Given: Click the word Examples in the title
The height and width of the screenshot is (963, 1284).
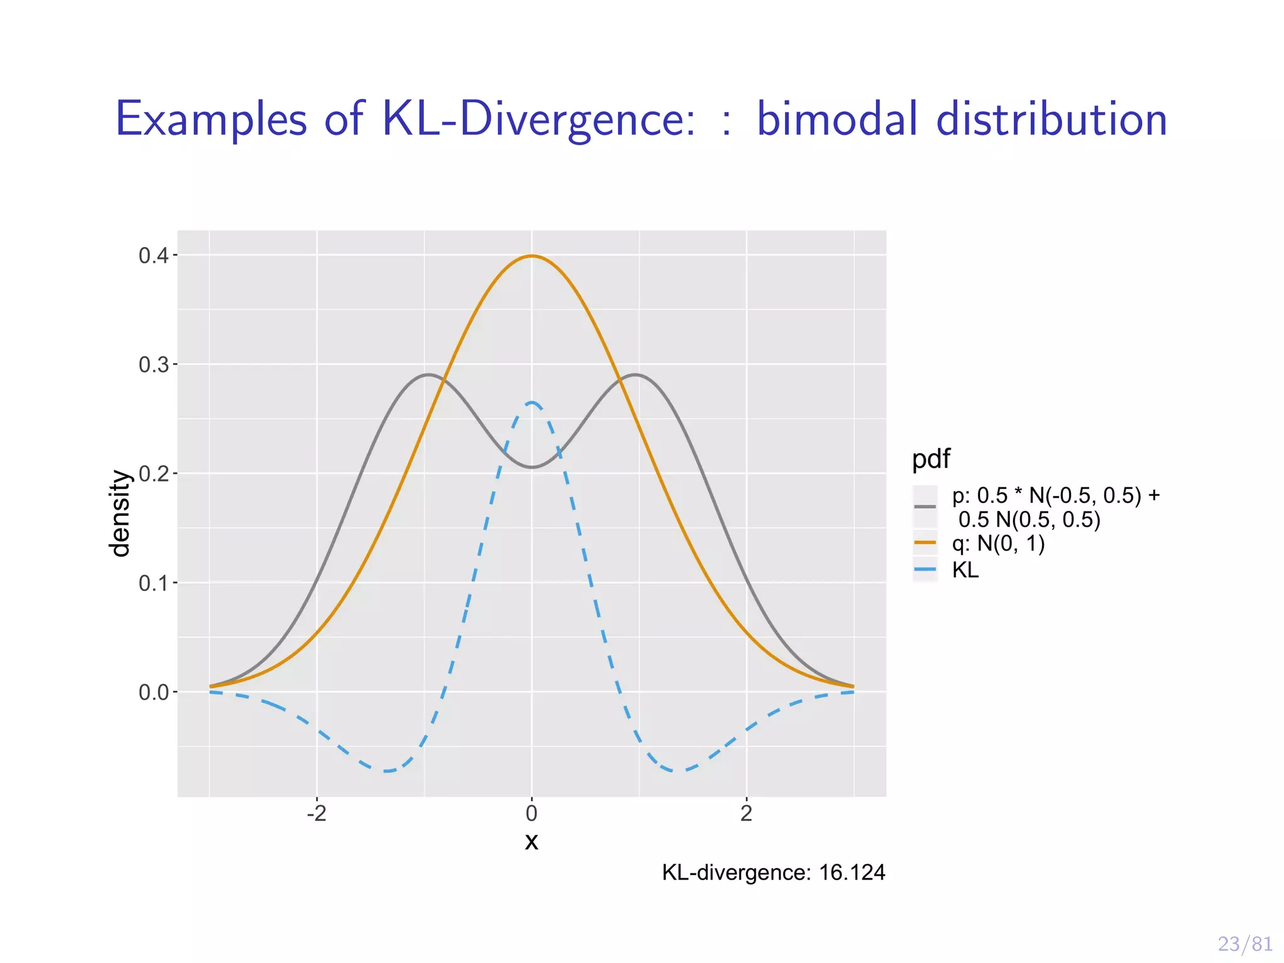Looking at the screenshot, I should [211, 120].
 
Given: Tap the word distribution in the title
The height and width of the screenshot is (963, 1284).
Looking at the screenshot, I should [1051, 118].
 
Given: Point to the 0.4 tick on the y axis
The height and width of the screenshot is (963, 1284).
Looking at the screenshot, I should [153, 256].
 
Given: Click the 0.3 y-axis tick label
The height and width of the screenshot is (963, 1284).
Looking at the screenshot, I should [153, 365].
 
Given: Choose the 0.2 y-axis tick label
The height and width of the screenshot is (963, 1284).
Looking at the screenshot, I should [153, 474].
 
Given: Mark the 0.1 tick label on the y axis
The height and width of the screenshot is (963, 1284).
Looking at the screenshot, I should [153, 583].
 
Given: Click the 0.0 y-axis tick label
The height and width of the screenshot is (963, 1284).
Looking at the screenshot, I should [153, 693].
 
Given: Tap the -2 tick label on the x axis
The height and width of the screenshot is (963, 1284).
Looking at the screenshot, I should [317, 814].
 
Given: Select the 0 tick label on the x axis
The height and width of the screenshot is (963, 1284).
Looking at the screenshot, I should [532, 814].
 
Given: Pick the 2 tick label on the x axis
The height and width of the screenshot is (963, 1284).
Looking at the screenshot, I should [746, 814].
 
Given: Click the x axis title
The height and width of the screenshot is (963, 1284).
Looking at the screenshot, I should [532, 841].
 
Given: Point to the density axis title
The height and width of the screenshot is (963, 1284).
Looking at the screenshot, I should [119, 513].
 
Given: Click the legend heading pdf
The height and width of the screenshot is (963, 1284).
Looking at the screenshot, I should [930, 459].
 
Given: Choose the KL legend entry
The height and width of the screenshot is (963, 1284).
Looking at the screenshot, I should [965, 570].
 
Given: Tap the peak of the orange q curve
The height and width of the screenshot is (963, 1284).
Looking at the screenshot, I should [532, 256].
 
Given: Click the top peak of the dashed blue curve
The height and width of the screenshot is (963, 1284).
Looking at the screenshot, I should [532, 403].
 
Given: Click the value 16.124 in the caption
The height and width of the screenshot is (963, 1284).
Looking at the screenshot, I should [851, 873].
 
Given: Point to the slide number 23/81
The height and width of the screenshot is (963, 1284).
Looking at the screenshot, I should [1245, 944].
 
